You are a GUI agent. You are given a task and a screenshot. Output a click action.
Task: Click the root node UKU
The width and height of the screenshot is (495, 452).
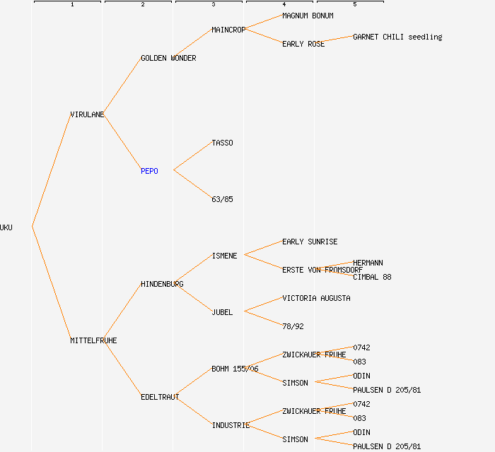6,227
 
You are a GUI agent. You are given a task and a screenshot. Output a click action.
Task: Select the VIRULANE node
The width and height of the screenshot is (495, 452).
87,114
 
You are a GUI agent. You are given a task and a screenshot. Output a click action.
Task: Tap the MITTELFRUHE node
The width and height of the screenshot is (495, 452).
93,340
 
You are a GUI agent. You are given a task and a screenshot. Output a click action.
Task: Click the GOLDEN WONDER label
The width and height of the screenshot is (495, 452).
168,58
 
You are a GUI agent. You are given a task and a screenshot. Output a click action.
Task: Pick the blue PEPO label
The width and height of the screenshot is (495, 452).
149,171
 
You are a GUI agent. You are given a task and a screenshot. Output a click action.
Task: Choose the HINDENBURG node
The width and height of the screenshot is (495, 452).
162,284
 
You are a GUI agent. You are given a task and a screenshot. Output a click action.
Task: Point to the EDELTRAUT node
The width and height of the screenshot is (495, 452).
160,397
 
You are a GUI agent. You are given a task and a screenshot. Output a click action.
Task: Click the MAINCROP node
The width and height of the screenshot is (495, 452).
228,30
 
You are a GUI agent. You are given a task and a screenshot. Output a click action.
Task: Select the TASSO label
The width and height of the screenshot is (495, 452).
222,143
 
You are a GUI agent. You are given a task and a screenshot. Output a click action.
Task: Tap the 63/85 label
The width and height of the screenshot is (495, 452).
222,199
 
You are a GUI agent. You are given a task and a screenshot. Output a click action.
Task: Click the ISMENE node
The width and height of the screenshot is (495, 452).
224,256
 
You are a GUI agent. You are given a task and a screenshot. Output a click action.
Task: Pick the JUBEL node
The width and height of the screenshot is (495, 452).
222,312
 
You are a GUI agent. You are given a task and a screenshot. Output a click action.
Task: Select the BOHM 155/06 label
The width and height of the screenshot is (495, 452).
235,369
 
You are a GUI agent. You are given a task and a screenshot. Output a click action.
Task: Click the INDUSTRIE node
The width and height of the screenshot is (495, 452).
231,425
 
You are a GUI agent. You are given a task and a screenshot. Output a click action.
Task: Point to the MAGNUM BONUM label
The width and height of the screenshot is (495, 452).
308,16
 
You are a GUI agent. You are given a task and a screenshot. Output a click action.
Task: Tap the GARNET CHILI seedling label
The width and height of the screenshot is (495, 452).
397,37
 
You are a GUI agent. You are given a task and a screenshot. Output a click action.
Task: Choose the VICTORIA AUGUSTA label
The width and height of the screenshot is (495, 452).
316,298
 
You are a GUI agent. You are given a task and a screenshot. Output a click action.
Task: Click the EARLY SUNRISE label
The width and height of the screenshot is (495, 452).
310,242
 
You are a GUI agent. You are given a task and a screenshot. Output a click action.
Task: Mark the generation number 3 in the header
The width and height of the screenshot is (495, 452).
213,5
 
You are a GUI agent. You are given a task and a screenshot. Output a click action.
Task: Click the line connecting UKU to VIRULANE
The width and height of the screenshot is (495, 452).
51,171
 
